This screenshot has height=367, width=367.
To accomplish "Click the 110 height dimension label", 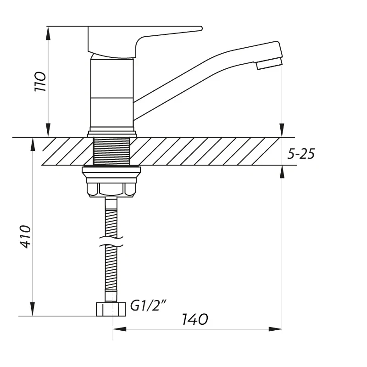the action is click(40, 81).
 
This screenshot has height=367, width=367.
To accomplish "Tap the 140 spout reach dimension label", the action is click(195, 319).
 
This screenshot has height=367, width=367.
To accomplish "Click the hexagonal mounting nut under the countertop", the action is click(112, 189).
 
